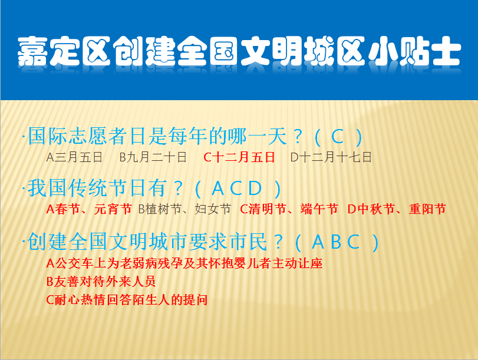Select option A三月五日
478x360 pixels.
tap(74, 157)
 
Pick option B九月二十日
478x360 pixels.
tap(153, 157)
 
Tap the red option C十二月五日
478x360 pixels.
tap(239, 157)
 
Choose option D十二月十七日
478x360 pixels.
tap(331, 157)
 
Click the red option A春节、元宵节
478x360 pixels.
tap(89, 209)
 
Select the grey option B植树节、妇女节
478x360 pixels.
tap(184, 209)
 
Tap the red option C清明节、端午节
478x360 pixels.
tap(289, 209)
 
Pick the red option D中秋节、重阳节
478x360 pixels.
tap(397, 209)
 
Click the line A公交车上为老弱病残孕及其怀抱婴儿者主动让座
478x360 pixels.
tap(184, 263)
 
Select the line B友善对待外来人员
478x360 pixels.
tap(101, 282)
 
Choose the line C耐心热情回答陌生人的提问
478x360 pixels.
tap(127, 300)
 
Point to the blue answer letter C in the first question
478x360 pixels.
tap(338, 137)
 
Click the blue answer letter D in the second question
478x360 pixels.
tap(255, 189)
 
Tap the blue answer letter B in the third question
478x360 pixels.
tap(336, 242)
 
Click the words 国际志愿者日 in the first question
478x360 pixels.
tap(77, 136)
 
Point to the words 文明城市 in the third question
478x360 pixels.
tap(149, 242)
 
